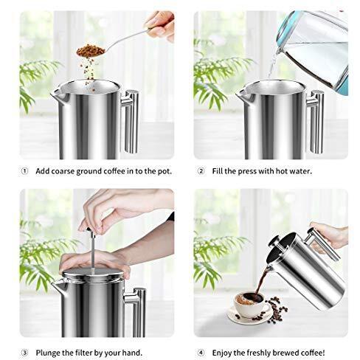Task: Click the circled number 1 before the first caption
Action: click(x=24, y=171)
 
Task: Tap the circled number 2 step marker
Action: click(x=201, y=171)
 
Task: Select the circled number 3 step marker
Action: click(x=24, y=353)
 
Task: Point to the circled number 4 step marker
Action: click(x=201, y=353)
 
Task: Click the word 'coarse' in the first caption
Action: click(x=63, y=171)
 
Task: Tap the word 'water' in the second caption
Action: click(x=300, y=171)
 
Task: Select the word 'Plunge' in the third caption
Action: click(x=48, y=353)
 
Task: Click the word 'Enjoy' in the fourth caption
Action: click(x=222, y=353)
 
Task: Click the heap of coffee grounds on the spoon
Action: click(x=91, y=51)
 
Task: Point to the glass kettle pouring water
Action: click(x=314, y=49)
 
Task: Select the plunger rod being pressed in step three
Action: click(x=93, y=251)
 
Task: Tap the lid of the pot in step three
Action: click(x=93, y=274)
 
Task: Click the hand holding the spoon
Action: click(x=160, y=24)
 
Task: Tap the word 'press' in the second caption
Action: click(x=248, y=172)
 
